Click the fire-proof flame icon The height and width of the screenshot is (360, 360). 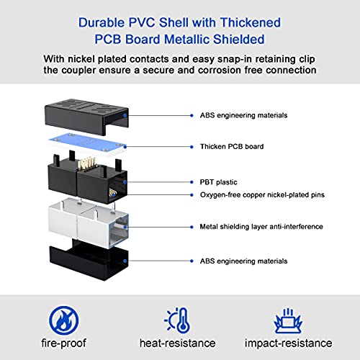63,320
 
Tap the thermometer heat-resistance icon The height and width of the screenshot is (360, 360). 177,320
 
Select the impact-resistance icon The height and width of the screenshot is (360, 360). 288,320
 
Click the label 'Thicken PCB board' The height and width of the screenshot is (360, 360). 232,146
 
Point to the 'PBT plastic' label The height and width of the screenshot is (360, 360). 218,182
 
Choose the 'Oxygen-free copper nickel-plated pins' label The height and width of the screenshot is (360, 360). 262,194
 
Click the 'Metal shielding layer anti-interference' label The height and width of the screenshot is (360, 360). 261,227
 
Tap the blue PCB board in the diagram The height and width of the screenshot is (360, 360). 87,145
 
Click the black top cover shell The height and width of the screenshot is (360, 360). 86,117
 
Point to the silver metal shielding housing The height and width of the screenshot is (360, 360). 89,223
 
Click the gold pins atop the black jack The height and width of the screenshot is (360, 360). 86,164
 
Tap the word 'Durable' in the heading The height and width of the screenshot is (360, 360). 102,22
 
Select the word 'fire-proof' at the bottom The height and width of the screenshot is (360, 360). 63,343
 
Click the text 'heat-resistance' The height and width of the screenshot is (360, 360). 177,343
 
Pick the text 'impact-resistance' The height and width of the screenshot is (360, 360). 288,343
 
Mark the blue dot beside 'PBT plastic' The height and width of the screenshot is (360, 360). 192,182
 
